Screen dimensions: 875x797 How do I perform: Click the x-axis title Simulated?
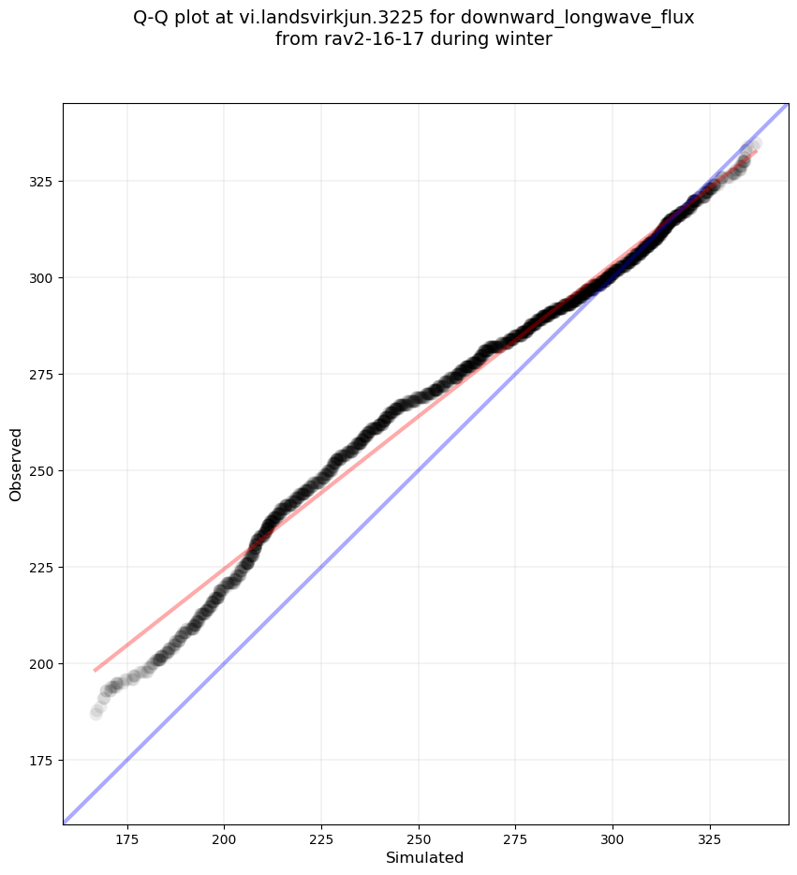click(425, 858)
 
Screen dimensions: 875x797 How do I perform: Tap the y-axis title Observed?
click(16, 464)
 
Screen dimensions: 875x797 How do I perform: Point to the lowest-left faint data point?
click(96, 713)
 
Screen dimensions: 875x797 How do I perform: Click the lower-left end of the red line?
click(95, 670)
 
